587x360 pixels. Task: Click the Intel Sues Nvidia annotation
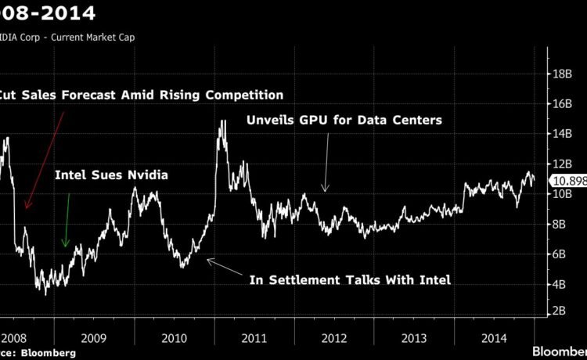pyautogui.click(x=111, y=175)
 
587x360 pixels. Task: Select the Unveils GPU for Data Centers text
pyautogui.click(x=345, y=121)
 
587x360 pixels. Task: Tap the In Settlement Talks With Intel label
pyautogui.click(x=350, y=279)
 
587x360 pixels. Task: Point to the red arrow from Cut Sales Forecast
pyautogui.click(x=45, y=160)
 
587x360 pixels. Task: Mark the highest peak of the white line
pyautogui.click(x=223, y=121)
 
